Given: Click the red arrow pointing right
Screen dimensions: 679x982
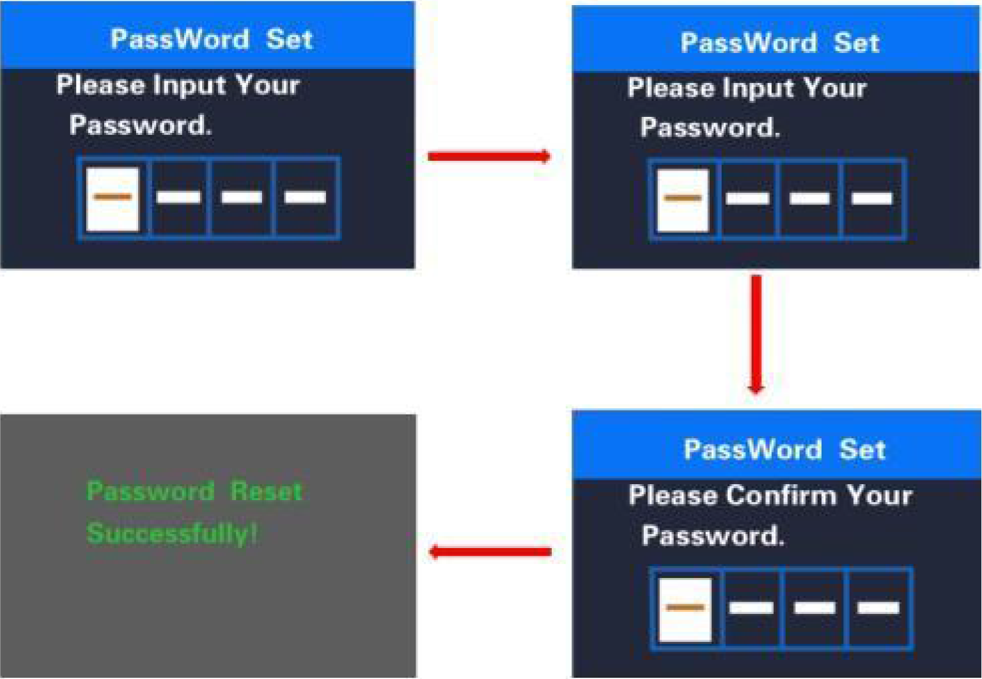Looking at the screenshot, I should tap(489, 156).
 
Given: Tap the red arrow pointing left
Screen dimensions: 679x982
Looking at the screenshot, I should tap(490, 552).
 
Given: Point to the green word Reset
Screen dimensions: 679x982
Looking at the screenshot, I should tap(266, 491).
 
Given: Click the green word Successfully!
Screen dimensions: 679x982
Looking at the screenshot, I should tap(172, 533).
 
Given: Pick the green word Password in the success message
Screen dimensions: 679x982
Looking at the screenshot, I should tap(150, 491).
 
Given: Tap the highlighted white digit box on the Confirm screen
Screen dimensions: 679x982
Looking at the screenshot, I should tap(685, 609).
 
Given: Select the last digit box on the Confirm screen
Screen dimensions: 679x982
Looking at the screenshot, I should tap(878, 609).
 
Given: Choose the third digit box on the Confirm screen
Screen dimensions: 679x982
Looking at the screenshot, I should tap(814, 609).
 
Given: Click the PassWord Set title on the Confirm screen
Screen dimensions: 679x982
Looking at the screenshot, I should tap(784, 450).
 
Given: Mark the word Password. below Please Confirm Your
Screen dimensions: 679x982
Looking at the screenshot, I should tap(713, 536).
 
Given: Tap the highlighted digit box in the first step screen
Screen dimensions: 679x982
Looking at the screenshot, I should tap(113, 199).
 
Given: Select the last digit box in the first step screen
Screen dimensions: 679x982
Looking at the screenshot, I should tap(306, 199).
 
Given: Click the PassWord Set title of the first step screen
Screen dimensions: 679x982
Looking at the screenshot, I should tap(212, 39).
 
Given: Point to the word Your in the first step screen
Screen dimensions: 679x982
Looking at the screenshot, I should tap(267, 86).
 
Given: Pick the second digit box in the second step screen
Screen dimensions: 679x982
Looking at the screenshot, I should tap(747, 200).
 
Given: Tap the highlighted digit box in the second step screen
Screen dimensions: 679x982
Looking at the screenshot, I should tap(683, 200).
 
